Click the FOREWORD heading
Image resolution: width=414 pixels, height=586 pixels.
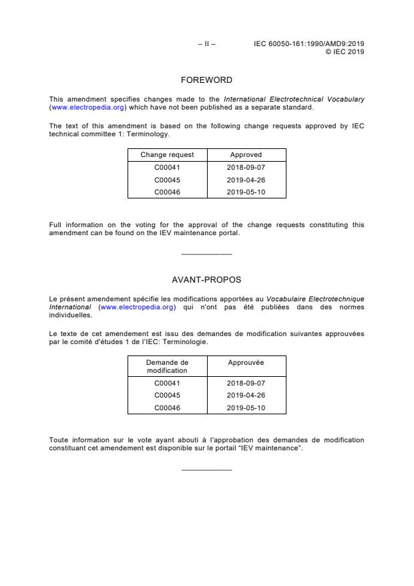[206, 80]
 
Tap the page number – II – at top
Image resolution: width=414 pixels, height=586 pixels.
[206, 44]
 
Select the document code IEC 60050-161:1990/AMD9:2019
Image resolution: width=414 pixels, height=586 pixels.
[308, 44]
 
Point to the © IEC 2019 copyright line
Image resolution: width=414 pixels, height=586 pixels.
[345, 51]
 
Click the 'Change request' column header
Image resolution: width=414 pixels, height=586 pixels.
[167, 155]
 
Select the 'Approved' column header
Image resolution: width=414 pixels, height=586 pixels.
[246, 155]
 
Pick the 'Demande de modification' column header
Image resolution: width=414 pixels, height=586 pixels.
[167, 366]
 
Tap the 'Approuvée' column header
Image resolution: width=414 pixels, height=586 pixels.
[246, 362]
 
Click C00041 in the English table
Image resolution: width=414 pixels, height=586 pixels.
[167, 168]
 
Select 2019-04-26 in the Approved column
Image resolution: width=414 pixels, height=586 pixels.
[246, 180]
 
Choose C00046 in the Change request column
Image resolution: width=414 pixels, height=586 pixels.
[167, 192]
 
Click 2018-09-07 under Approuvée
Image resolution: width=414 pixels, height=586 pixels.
[246, 384]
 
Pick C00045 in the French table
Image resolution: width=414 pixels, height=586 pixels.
[167, 395]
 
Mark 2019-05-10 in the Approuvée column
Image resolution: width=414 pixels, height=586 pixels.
[246, 407]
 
